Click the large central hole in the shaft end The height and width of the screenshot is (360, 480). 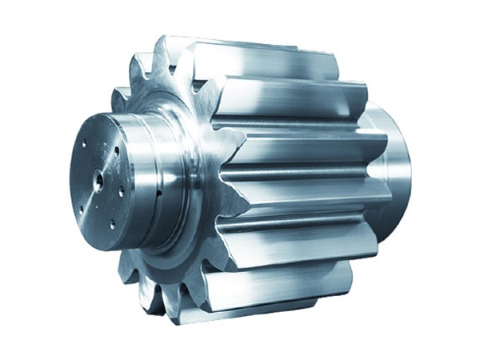coord(98,180)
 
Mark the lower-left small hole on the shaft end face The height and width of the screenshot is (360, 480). coord(81,210)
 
